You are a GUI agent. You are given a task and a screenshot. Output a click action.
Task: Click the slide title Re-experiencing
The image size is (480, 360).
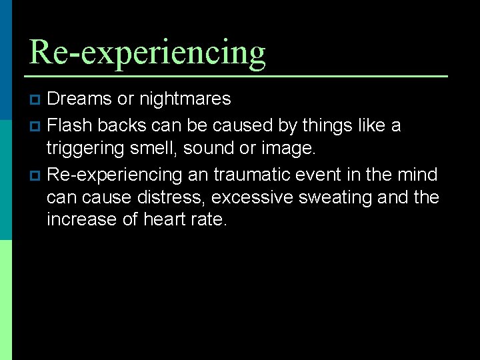(147, 52)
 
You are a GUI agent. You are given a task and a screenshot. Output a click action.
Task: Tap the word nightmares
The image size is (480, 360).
(185, 99)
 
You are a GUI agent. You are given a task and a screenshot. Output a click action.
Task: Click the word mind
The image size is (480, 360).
(416, 175)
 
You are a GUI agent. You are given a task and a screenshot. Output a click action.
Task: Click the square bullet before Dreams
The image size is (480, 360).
(36, 100)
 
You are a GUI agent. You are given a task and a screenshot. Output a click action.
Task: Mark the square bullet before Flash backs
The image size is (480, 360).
(36, 125)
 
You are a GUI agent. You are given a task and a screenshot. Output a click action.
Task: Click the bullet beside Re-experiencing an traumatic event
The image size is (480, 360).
(36, 175)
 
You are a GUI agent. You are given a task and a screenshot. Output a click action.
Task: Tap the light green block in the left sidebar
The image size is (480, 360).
(6, 300)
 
